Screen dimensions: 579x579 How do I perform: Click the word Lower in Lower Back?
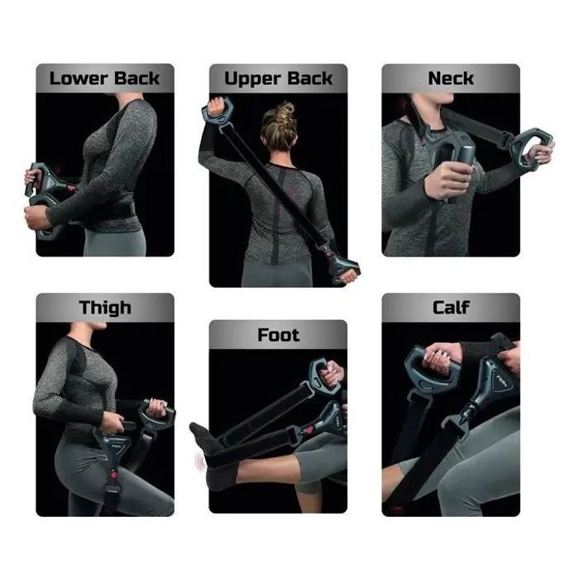79,79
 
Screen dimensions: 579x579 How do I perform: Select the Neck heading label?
451,79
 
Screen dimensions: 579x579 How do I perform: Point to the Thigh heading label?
105,308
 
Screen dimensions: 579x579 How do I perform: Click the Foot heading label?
279,335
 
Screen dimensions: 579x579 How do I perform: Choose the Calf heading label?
451,307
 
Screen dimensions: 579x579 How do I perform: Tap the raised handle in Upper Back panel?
217,111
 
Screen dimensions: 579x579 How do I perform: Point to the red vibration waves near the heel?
200,462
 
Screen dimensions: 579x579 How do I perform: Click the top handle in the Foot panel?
324,377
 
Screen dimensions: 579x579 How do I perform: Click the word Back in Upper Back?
310,79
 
